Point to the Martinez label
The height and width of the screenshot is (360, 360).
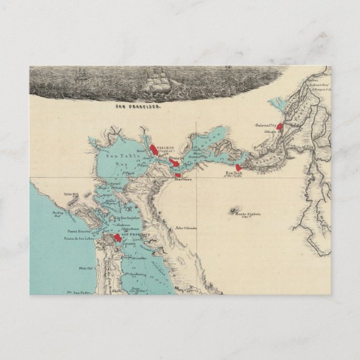pos(183,179)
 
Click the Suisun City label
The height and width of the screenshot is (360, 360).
pos(266,125)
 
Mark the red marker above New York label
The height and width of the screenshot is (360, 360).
pos(239,167)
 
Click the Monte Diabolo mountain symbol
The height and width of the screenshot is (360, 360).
pos(232,210)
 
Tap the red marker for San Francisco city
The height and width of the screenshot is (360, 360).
pos(117,238)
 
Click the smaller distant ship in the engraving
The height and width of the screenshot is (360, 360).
pos(82,73)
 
